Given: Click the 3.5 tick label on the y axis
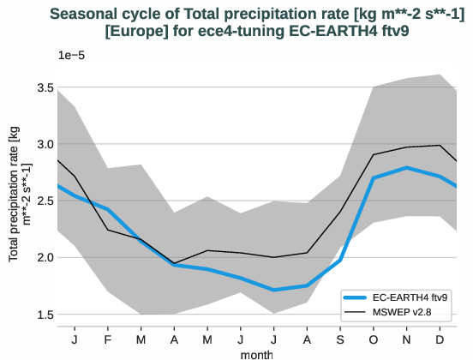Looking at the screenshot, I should pos(44,87).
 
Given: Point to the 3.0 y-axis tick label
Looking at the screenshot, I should pos(44,144).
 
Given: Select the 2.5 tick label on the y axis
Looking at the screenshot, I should pos(44,201).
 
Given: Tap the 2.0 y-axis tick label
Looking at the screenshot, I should pos(44,257).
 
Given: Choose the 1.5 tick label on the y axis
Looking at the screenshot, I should pos(44,314).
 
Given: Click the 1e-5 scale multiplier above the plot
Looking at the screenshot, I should pos(71,55).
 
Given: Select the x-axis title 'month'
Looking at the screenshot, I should pos(257,353).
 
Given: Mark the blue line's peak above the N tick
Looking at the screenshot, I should pos(406,168).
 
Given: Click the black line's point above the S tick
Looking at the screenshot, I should pos(340,211).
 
